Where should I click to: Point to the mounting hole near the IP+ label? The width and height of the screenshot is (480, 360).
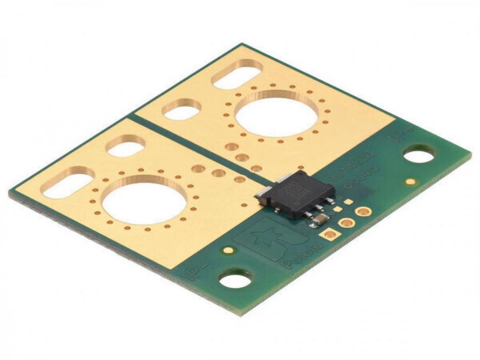click(x=420, y=155)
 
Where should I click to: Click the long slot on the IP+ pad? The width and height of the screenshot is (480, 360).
click(x=237, y=75)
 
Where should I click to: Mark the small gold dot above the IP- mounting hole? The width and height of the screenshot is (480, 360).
click(x=228, y=250)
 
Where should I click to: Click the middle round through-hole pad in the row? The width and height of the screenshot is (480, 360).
click(x=346, y=222)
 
